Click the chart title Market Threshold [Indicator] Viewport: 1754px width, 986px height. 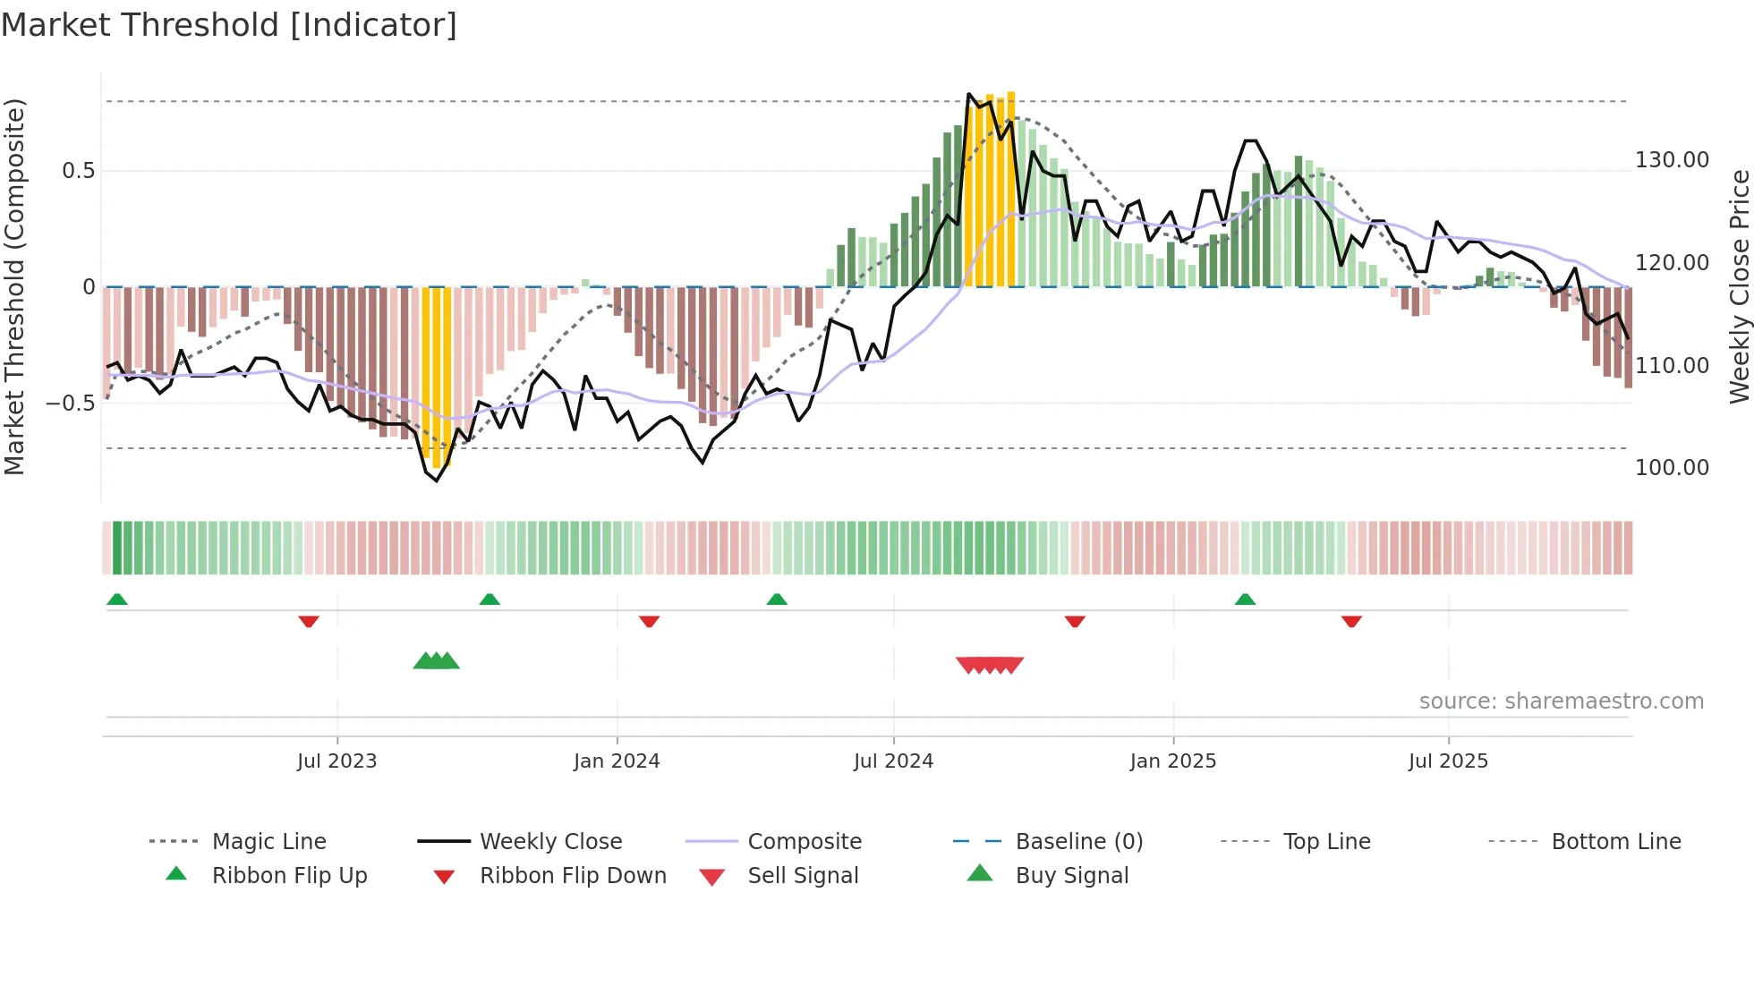coord(229,25)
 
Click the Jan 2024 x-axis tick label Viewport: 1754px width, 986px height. coord(617,761)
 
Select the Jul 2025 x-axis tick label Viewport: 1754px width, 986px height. coord(1448,761)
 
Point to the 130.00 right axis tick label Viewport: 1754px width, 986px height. coord(1672,160)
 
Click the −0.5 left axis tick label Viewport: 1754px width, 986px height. coord(71,404)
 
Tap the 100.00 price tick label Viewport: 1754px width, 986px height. coord(1672,468)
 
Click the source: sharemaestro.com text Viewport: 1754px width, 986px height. coord(1561,701)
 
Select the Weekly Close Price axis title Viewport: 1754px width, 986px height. coord(1739,286)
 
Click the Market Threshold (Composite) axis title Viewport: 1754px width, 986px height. coord(14,286)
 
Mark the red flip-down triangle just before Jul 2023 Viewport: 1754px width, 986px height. coord(309,621)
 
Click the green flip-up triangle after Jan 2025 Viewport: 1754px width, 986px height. coord(1245,599)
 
